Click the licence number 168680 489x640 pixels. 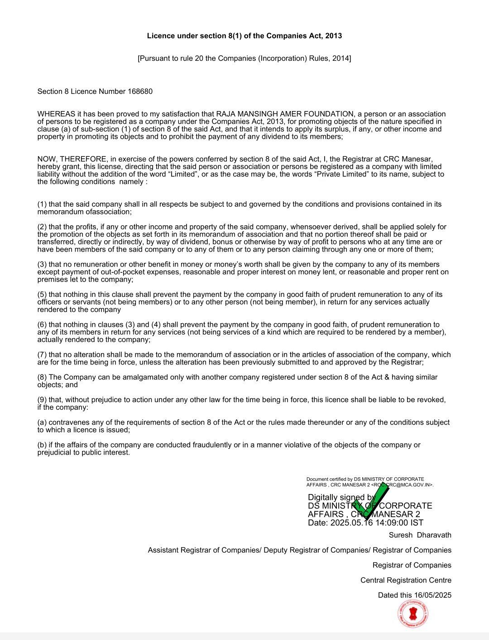click(140, 92)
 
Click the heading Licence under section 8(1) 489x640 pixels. click(244, 36)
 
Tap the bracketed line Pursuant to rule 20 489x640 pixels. click(244, 58)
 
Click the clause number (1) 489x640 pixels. click(42, 204)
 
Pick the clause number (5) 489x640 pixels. click(42, 295)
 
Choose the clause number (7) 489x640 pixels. click(42, 355)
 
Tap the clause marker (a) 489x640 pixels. click(42, 422)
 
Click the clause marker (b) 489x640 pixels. click(42, 445)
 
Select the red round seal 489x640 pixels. click(413, 614)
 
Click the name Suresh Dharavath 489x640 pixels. click(420, 535)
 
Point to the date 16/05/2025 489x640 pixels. click(432, 596)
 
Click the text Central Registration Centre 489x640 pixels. click(406, 580)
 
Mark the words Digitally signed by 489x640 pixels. click(341, 497)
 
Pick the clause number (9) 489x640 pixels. click(42, 400)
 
